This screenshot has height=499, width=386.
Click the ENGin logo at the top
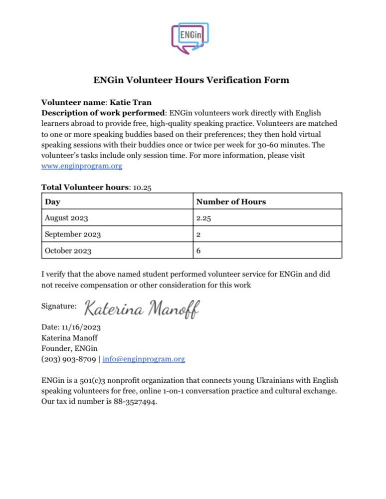coord(190,37)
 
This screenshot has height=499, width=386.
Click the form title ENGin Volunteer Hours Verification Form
coord(192,80)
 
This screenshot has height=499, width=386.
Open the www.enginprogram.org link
coord(82,166)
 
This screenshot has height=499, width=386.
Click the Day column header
coord(52,202)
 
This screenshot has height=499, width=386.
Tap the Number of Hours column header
coord(231,202)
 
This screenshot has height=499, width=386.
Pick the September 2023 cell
coord(72,235)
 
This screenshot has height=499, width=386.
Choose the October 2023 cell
coord(68,250)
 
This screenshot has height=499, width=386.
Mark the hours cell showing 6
coord(198,250)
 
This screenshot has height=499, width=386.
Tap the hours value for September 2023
coord(198,235)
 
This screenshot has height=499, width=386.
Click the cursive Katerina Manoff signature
coord(142,308)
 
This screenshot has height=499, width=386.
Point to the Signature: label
coord(59,306)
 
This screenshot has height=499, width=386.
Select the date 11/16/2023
coord(81,327)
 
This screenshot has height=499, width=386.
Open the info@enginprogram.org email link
coord(144,359)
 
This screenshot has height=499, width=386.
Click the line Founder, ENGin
coord(69,348)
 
